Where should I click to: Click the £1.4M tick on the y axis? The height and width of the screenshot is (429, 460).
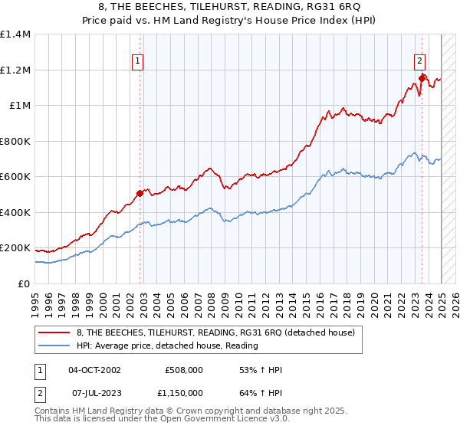click(x=15, y=34)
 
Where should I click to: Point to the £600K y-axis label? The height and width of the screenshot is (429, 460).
click(x=15, y=177)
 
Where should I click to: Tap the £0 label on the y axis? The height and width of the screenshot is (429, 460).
click(x=23, y=284)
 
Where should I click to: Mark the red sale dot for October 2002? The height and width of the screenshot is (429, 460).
click(x=140, y=194)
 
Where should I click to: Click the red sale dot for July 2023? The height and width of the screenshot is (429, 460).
click(x=422, y=77)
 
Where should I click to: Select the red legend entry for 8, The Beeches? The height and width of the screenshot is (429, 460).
click(x=215, y=332)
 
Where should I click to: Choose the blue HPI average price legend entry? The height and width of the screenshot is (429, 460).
click(x=166, y=345)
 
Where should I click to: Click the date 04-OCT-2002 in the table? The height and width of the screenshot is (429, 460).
click(x=94, y=370)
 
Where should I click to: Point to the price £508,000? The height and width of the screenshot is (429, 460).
click(x=183, y=370)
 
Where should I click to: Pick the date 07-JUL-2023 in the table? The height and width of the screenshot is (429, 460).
click(x=94, y=392)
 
